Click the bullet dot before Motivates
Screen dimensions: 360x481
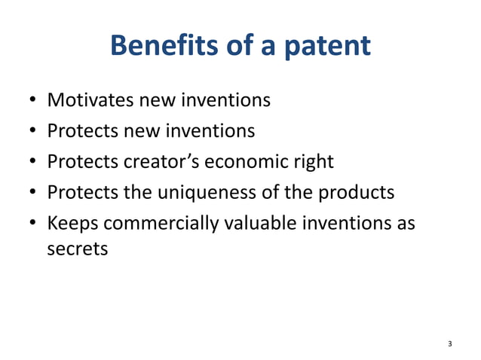click(x=34, y=100)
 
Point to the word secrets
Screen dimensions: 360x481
click(x=78, y=249)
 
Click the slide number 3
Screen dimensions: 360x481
click(x=450, y=344)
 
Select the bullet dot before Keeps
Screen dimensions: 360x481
click(x=34, y=224)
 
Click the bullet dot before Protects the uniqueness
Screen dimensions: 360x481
click(x=34, y=193)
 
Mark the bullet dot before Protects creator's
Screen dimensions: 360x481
click(x=34, y=162)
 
